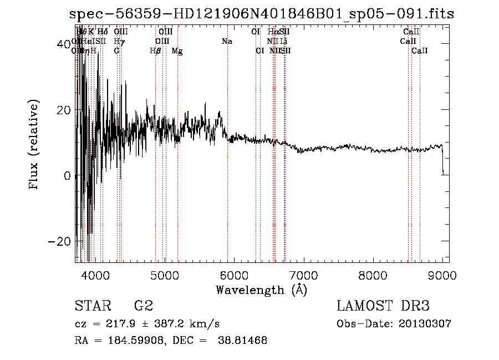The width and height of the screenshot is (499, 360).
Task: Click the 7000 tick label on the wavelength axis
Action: click(303, 275)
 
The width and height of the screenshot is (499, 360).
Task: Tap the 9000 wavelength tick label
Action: click(442, 275)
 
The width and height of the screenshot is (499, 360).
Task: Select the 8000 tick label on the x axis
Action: click(373, 275)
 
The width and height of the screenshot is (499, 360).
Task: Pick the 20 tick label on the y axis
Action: click(64, 110)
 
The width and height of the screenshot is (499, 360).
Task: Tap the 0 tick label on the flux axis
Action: click(67, 176)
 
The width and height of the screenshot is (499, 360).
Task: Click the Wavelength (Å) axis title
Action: click(261, 290)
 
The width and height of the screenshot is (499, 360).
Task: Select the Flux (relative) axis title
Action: click(34, 145)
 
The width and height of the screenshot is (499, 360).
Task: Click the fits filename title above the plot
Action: click(261, 14)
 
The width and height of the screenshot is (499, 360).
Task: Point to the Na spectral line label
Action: click(227, 41)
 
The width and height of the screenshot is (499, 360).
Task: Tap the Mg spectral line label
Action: click(177, 51)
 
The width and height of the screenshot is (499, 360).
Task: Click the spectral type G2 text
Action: click(144, 306)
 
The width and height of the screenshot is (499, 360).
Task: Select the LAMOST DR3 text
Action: click(383, 306)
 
